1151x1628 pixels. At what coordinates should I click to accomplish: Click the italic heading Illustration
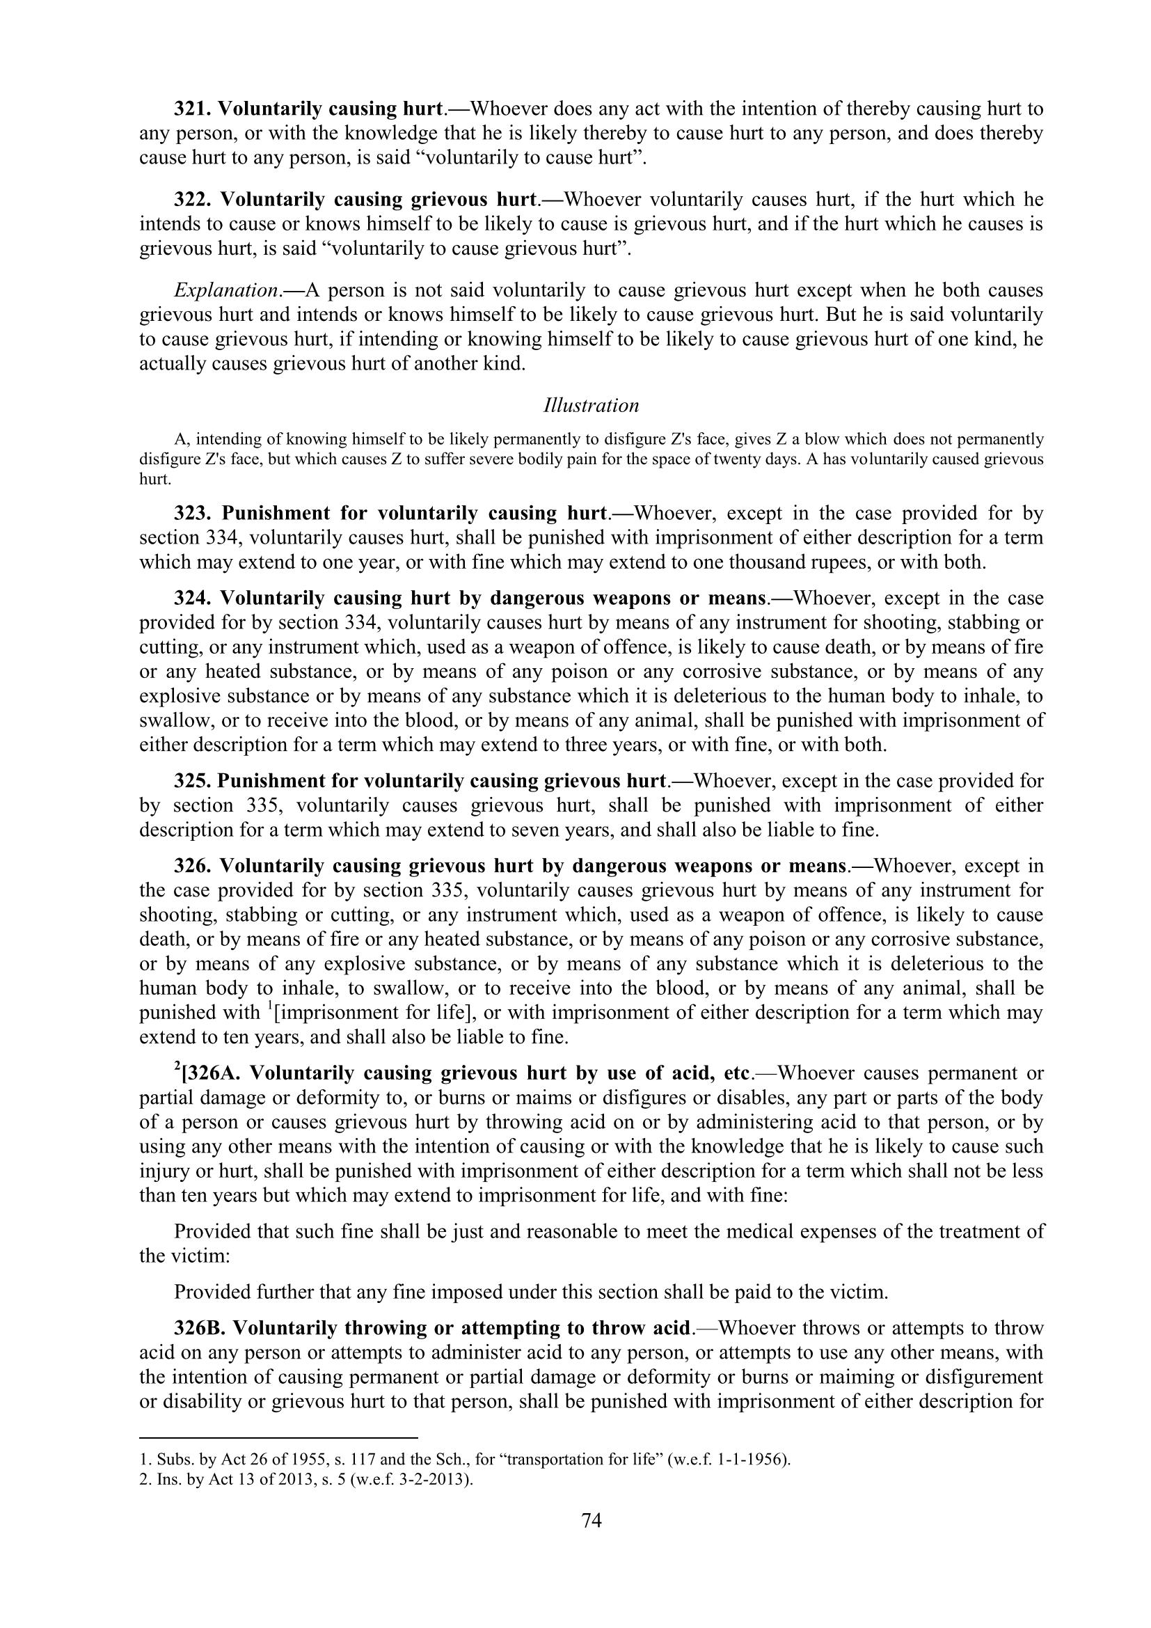click(x=591, y=406)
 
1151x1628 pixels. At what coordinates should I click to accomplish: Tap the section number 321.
click(x=193, y=109)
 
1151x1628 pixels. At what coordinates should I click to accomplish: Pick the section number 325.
click(x=193, y=782)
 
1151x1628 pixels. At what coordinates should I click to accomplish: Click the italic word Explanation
click(x=225, y=291)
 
